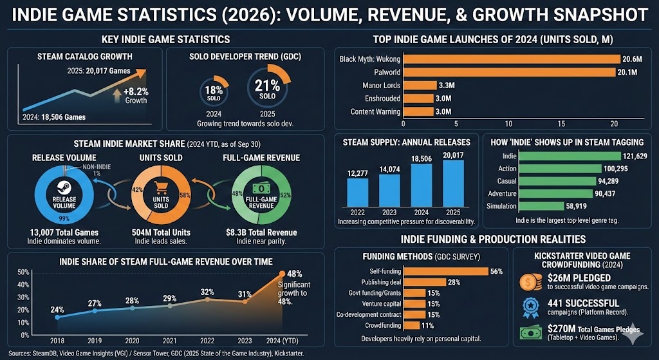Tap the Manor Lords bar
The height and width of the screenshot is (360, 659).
(x=420, y=85)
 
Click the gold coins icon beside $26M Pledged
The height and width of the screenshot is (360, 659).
(x=530, y=281)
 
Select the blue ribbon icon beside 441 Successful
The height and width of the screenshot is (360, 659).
(x=530, y=307)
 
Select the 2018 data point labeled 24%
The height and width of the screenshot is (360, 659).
(x=58, y=317)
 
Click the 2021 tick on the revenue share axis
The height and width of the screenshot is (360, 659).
(x=170, y=341)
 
